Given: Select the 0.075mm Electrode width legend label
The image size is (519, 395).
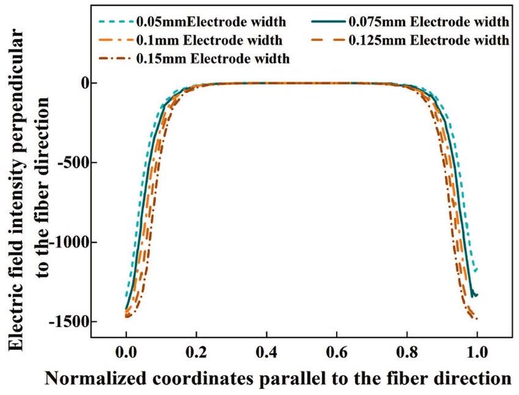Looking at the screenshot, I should (428, 23).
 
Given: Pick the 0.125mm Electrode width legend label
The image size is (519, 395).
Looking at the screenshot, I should (428, 41).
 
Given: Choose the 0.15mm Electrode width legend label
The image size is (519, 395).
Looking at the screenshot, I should (213, 59).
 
